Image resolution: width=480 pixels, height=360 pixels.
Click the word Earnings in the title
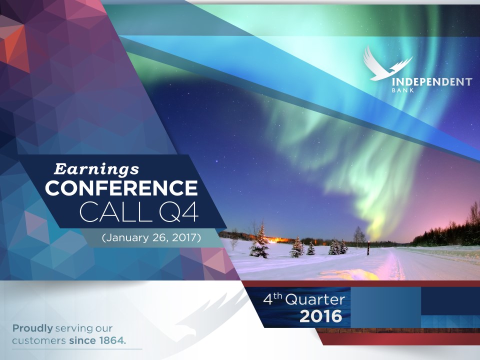pos(96,169)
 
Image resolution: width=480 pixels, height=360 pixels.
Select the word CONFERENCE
pos(121,188)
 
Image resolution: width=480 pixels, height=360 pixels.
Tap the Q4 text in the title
pos(179,211)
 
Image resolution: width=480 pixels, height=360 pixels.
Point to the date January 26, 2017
pos(151,237)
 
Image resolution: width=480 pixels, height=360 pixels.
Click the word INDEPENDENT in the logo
pos(432,82)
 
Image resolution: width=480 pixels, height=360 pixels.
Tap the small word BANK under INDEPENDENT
pos(403,90)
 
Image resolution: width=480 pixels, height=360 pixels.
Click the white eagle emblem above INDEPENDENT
pos(387,63)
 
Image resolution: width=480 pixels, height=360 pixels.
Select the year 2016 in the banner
pos(321,316)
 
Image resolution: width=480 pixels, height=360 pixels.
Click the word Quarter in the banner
pos(315,299)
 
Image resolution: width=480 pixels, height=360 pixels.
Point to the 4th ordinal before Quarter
pos(272,299)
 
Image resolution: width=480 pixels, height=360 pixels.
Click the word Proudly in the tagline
pos(32,328)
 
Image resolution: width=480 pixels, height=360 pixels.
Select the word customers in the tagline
pos(39,340)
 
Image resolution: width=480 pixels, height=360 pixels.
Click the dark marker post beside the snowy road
pos(368,247)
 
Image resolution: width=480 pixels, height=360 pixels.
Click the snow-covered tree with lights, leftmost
pos(259,242)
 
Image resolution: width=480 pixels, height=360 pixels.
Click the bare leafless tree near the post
pos(359,235)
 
